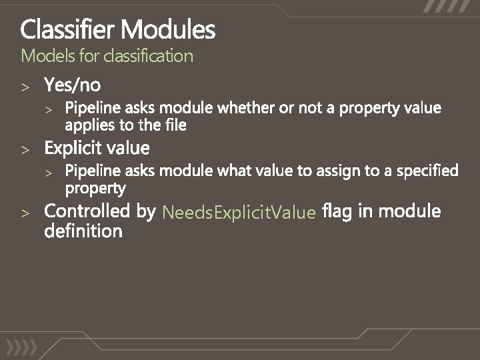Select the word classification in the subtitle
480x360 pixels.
tap(148, 56)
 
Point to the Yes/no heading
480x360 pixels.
tap(73, 85)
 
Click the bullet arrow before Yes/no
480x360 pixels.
tap(25, 87)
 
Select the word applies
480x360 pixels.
tap(87, 125)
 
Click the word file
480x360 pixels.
tap(175, 124)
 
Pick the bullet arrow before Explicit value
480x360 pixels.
tap(25, 148)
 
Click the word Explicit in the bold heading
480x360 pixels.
tap(72, 147)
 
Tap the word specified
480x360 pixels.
tap(428, 171)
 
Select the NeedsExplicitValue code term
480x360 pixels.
tap(239, 213)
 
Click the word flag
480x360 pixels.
tap(337, 211)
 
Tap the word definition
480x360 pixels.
tap(83, 231)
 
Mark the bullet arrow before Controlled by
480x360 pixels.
tap(25, 213)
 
